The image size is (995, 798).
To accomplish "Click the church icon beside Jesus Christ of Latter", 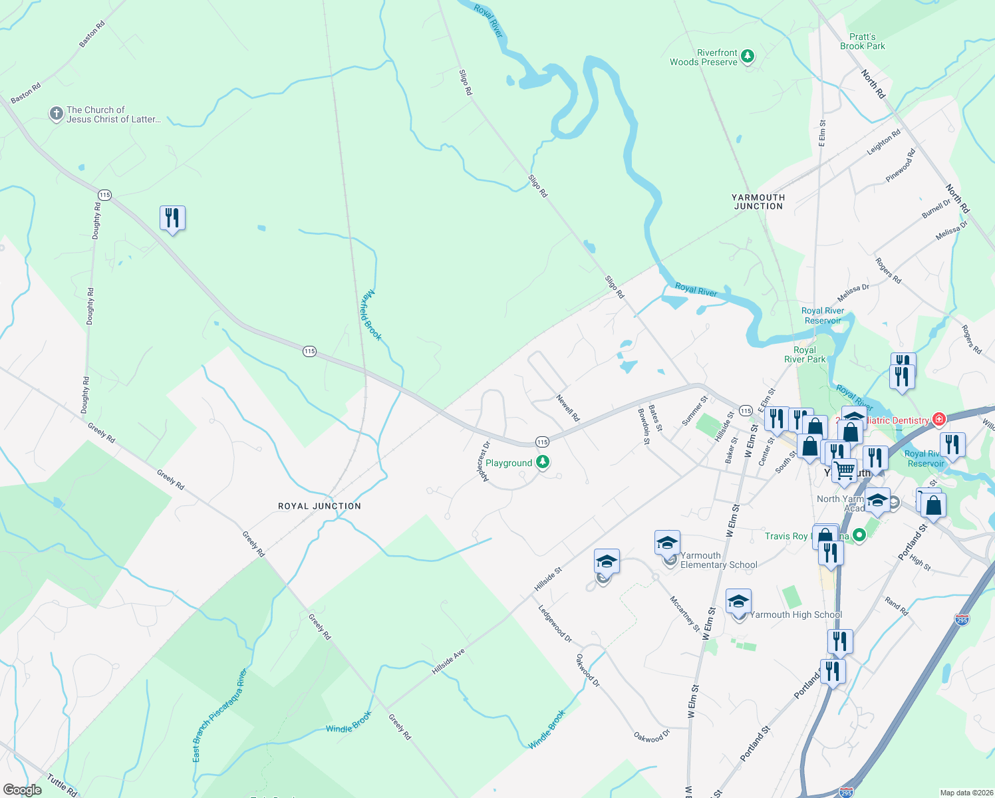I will coord(57,114).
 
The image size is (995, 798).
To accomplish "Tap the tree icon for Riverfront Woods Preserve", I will coord(748,57).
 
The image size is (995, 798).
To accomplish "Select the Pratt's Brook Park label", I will coord(862,42).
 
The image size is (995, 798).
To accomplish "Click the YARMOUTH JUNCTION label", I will coord(758,202).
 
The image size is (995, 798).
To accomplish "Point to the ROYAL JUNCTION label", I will coord(319,506).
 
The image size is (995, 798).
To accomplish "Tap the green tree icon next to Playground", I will coord(543,462).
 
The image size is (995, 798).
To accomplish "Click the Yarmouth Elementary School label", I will coord(718,561).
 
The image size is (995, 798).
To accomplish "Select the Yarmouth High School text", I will coord(795,615).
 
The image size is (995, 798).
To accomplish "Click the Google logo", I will coord(22,790).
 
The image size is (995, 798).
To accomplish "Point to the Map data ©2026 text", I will coord(965,793).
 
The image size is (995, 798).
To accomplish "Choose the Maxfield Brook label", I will coord(371,316).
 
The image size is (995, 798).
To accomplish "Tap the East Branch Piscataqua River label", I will coord(219,716).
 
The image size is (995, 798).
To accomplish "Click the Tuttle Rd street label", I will coord(62,785).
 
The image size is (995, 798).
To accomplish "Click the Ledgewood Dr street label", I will coord(555,624).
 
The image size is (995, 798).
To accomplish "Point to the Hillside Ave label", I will coord(448,662).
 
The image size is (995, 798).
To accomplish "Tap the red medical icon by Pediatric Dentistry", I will coord(938,420).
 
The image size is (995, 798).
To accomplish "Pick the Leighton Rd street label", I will coord(883,142).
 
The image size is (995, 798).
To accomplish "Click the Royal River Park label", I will coord(805,354).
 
